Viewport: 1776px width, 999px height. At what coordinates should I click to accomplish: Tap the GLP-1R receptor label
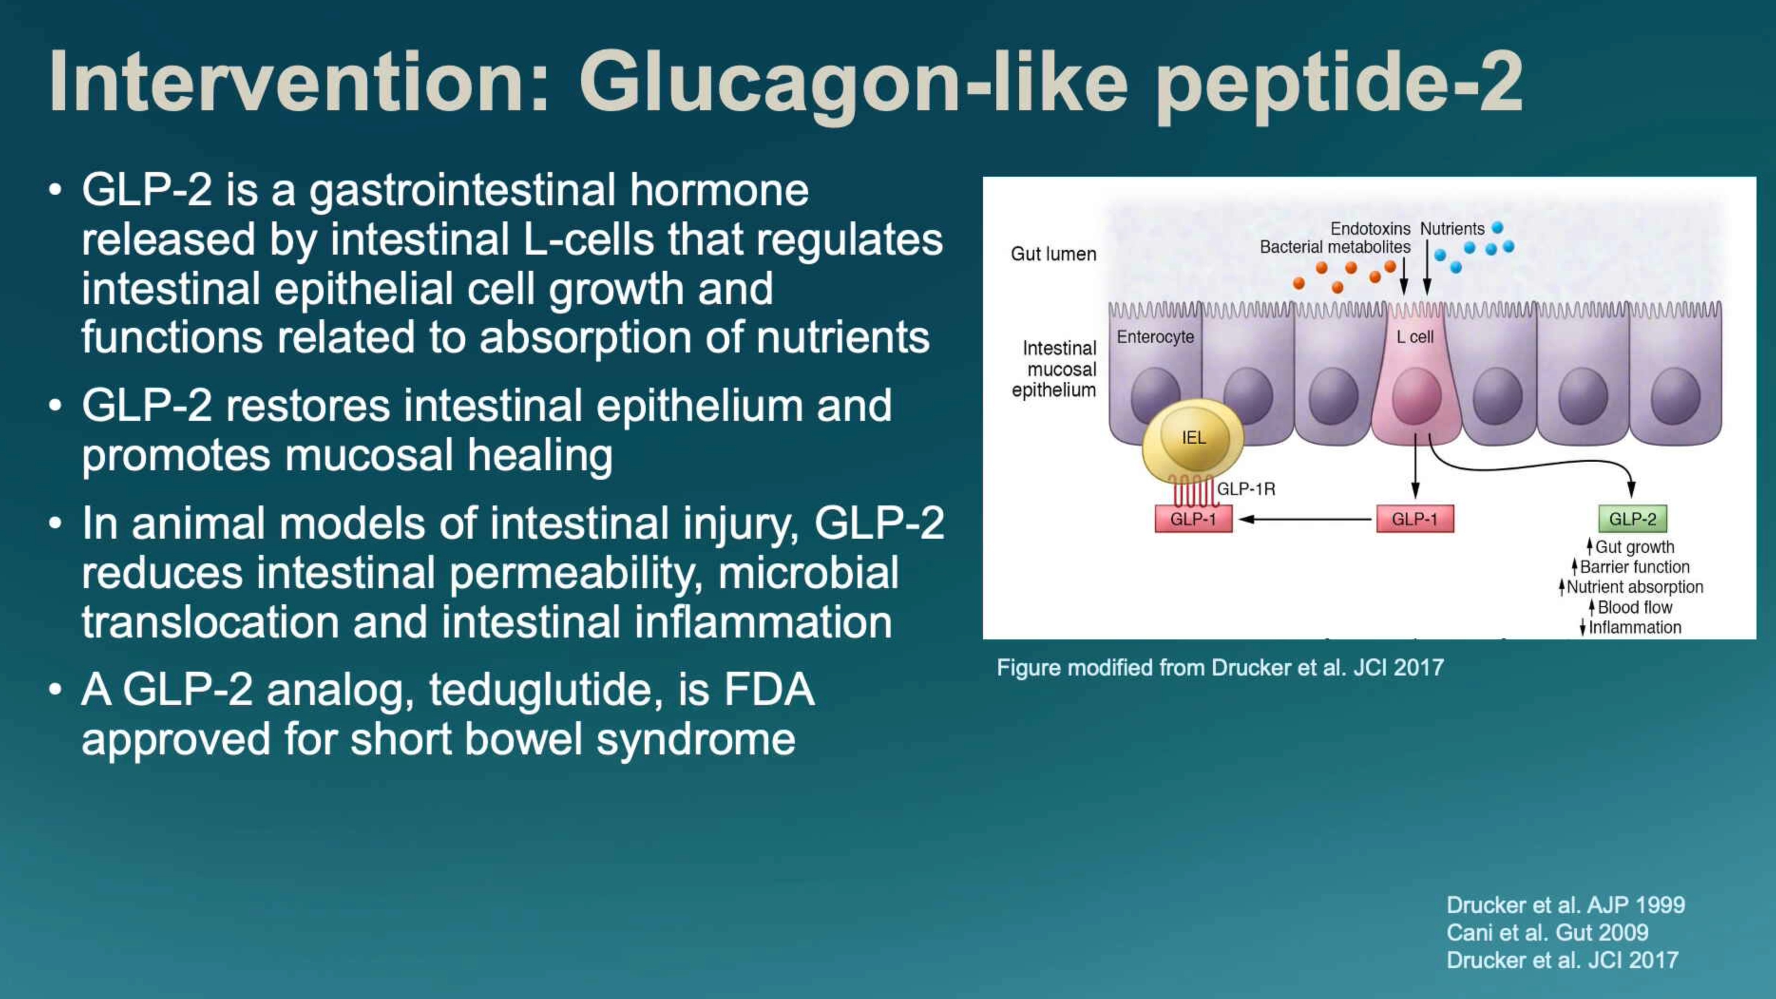pos(1246,489)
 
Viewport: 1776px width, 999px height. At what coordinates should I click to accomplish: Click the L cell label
pos(1415,337)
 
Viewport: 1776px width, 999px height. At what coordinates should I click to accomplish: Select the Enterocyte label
pos(1155,337)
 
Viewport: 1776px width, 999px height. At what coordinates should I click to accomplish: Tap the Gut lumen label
pos(1053,255)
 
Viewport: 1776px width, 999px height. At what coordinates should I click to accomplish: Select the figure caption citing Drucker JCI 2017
pos(1220,667)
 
